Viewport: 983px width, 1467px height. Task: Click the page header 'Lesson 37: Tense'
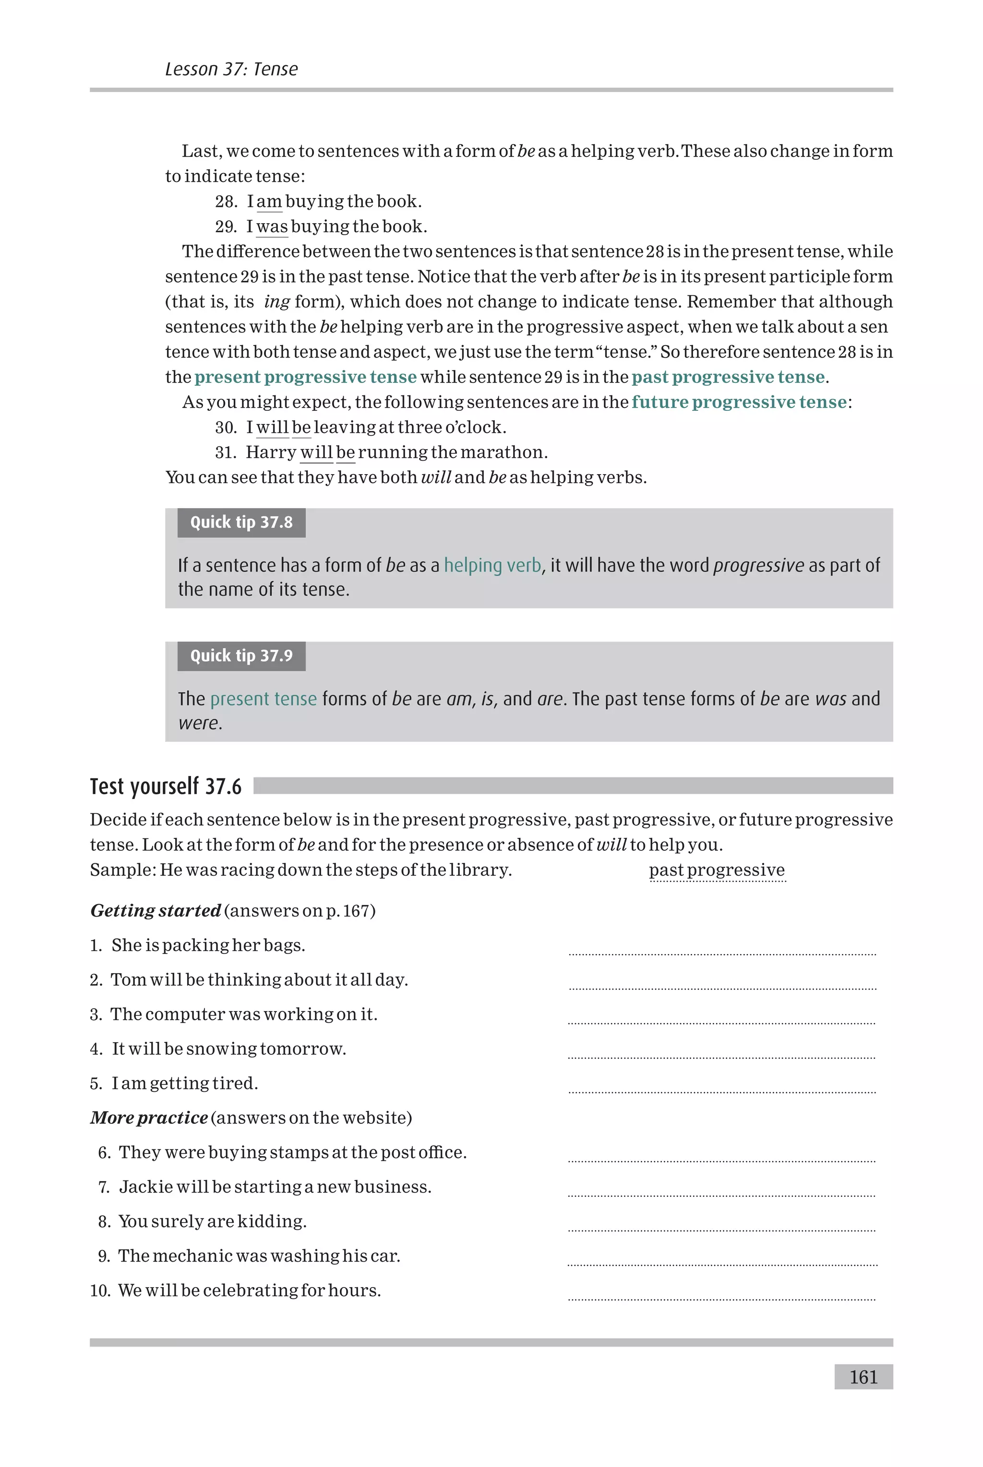point(231,69)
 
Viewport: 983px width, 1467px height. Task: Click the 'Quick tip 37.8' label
point(241,522)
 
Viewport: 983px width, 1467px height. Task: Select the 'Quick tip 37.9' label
point(241,656)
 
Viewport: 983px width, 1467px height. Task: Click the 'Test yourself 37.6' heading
point(166,786)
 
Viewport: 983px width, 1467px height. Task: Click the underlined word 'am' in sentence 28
point(269,202)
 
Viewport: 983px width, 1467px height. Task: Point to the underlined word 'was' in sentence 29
point(272,227)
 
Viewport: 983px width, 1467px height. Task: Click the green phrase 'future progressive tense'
point(739,402)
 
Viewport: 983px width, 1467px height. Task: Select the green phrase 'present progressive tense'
point(305,377)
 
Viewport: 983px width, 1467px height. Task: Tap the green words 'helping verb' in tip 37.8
point(492,565)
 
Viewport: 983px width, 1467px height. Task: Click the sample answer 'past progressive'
point(717,870)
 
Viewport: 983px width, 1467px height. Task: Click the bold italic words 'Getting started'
point(156,910)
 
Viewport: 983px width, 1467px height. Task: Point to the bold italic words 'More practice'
point(149,1118)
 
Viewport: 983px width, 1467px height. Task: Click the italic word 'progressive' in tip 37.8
point(758,565)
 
